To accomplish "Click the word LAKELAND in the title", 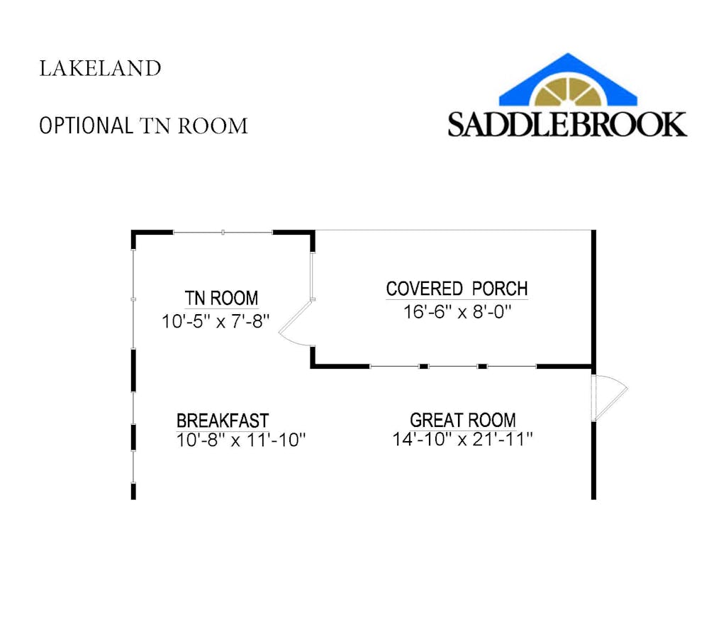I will [100, 69].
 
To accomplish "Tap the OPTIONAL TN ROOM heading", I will [143, 126].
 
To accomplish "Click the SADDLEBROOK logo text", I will [566, 123].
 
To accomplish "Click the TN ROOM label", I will [221, 298].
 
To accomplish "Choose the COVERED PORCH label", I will [457, 289].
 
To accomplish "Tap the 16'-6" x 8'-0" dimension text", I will [457, 312].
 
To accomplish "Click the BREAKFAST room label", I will [223, 421].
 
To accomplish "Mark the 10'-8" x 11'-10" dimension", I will [240, 440].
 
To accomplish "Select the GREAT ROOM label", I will [462, 421].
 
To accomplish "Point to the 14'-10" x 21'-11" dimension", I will [462, 440].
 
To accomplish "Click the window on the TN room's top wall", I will [223, 232].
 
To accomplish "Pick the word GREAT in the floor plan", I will [434, 421].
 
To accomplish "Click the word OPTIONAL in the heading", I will [86, 126].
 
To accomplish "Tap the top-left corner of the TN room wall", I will [134, 233].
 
